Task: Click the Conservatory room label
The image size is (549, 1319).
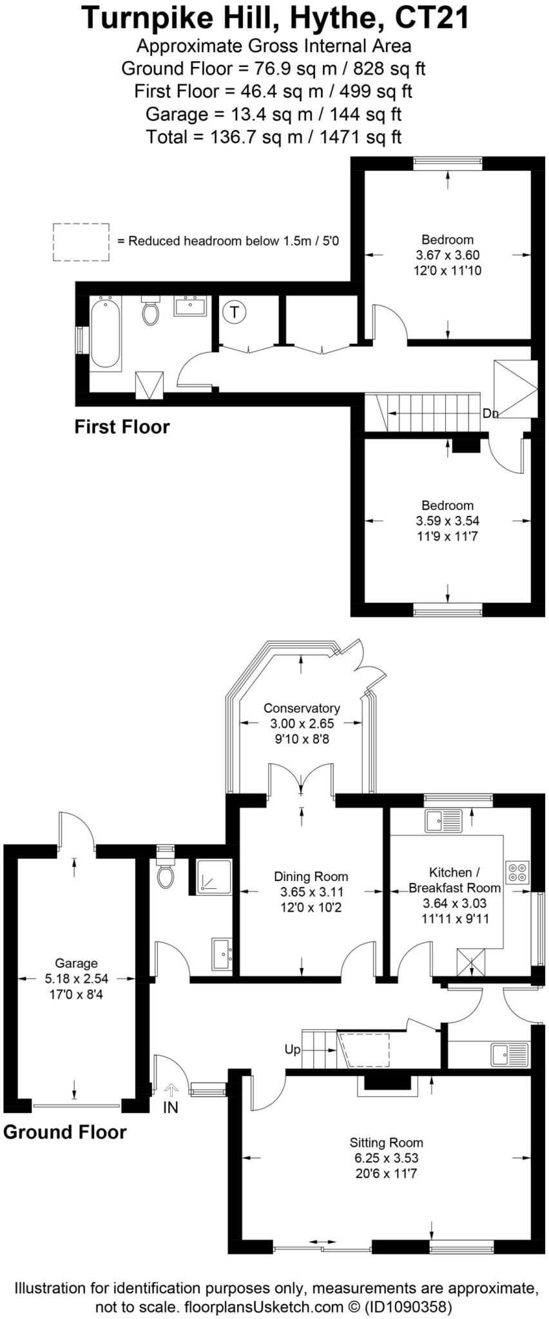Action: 302,708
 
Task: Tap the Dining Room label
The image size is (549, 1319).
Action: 311,877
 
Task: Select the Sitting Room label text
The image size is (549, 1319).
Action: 386,1143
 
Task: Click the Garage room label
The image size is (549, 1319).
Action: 76,963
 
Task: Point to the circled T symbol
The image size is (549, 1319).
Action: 235,313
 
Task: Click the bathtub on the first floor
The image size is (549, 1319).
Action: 105,333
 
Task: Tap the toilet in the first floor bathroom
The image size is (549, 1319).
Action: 151,312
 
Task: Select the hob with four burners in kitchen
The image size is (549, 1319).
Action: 517,872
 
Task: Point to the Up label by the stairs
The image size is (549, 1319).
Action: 293,1050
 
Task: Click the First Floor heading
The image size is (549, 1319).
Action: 122,427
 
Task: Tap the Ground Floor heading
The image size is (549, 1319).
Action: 65,1132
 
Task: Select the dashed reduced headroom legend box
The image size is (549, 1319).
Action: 81,242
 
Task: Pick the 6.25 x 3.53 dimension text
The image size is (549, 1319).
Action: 386,1158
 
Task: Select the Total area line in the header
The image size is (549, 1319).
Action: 274,137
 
